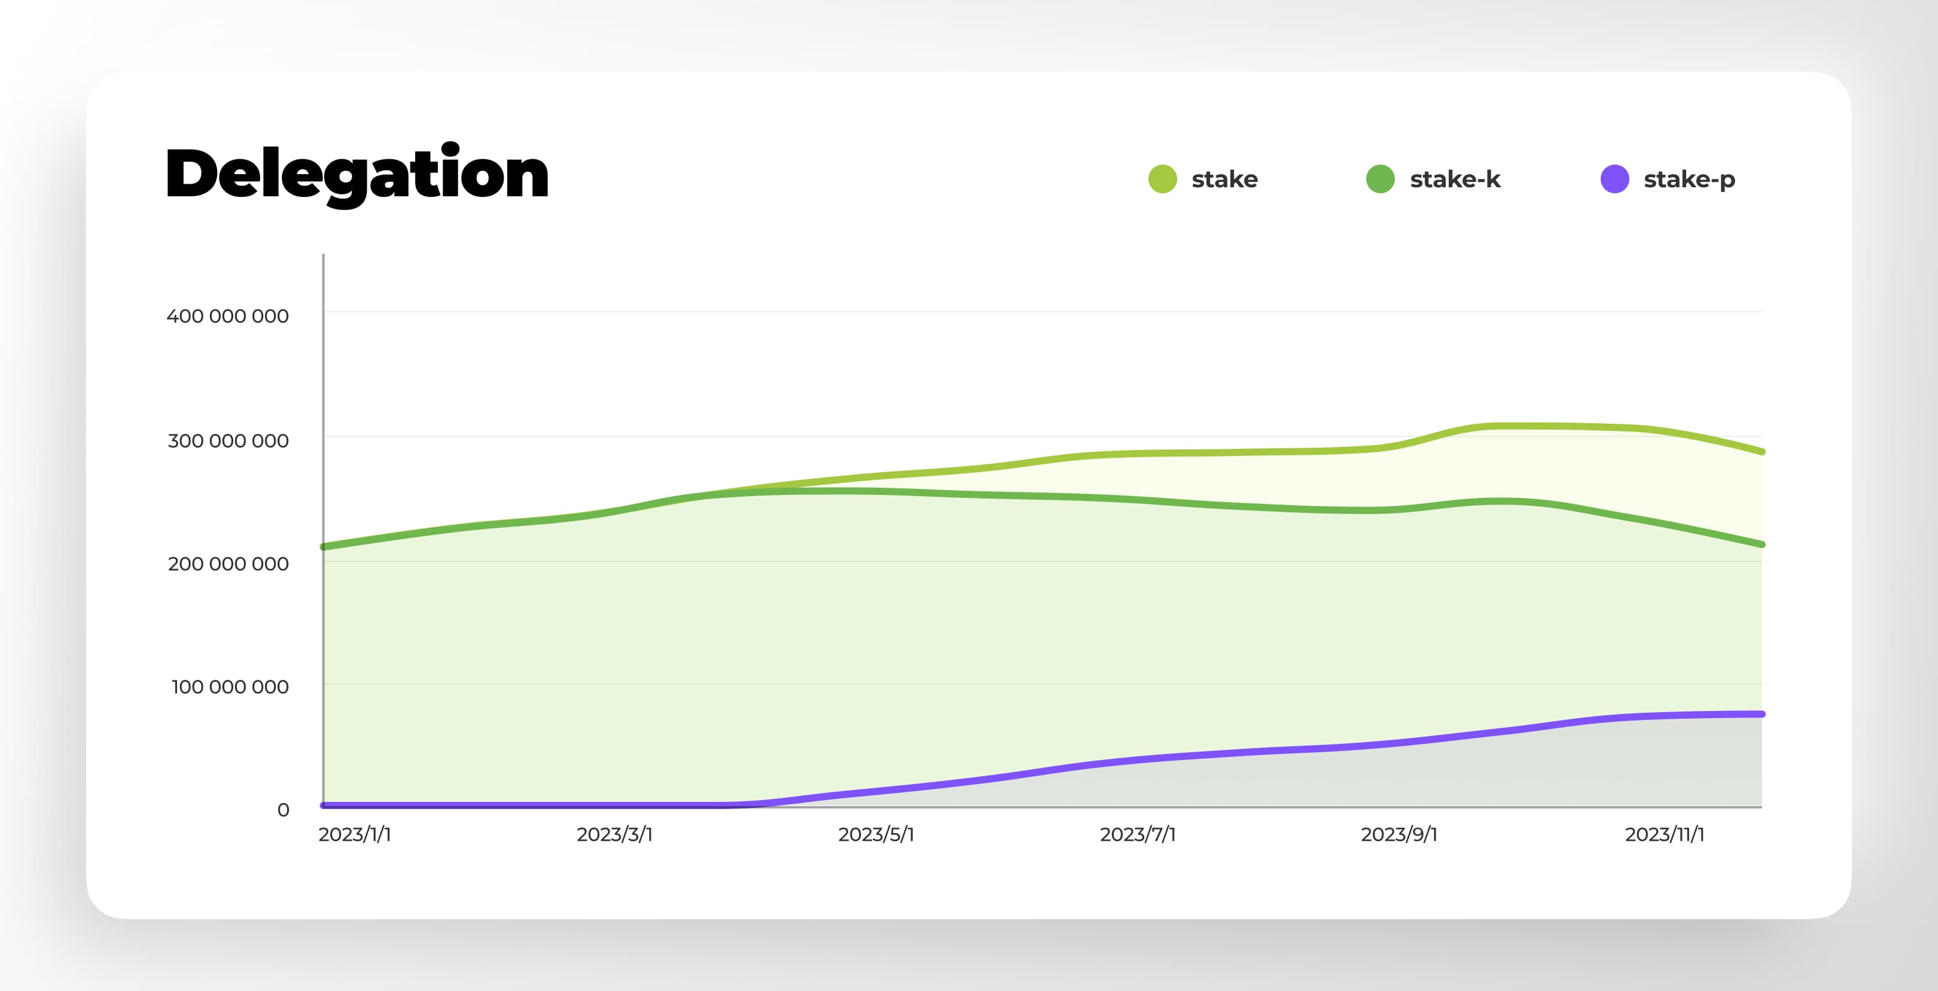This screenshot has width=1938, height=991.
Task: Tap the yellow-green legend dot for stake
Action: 1162,179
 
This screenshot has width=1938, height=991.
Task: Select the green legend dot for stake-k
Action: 1380,179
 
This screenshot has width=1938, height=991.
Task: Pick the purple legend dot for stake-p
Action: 1614,179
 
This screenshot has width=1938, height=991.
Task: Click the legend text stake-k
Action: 1455,179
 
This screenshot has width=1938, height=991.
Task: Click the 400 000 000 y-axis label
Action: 227,316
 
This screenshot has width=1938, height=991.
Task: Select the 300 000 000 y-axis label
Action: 228,440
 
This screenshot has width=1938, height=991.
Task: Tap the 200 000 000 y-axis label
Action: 228,564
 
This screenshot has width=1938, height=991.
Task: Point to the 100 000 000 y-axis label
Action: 230,686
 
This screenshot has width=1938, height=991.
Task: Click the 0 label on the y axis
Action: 283,810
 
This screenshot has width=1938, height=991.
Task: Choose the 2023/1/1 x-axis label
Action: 354,834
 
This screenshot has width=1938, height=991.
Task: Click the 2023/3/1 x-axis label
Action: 614,834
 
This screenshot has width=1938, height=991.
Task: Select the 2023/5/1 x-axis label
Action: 876,834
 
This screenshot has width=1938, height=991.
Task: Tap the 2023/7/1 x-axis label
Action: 1136,834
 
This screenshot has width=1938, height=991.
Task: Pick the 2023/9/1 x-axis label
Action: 1398,834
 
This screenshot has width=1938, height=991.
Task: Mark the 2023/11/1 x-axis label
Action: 1664,834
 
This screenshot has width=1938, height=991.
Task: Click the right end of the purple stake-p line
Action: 1761,714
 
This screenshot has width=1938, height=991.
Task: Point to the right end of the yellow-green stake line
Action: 1761,451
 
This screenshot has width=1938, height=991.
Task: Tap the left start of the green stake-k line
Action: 324,546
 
